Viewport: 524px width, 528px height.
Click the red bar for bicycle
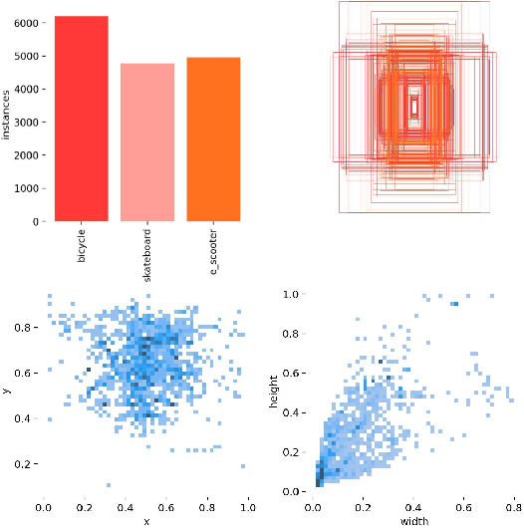82,119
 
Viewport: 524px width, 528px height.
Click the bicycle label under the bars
82,244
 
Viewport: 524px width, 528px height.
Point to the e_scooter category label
213,249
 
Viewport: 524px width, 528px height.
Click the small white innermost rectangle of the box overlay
414,103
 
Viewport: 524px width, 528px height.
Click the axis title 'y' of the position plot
7,392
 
